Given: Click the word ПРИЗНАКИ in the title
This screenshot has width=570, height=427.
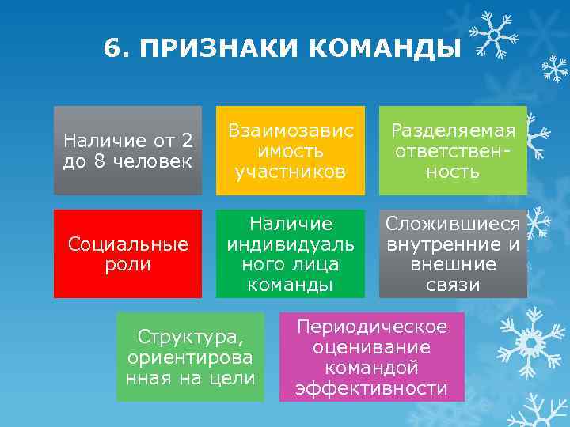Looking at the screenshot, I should point(220,49).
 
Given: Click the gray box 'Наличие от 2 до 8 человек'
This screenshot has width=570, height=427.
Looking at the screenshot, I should point(127,150).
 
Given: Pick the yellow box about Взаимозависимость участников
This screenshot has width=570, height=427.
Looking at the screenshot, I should point(291,150).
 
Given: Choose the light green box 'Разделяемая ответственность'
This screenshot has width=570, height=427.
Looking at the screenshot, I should point(453,150).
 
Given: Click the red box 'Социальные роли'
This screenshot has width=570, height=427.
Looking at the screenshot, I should point(127,254).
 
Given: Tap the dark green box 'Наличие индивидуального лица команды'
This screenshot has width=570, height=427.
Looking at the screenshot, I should point(291,254).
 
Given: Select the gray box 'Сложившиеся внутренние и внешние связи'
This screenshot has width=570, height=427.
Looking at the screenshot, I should point(453,254).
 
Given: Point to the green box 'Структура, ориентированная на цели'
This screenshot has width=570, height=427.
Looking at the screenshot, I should point(190,357).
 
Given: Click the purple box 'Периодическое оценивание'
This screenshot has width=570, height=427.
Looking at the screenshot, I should point(371,357).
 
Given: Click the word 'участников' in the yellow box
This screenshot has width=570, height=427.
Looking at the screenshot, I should point(291,172).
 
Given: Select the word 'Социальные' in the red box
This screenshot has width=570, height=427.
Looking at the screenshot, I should point(127,244).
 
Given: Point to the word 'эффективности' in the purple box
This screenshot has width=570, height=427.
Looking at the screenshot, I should point(371,388).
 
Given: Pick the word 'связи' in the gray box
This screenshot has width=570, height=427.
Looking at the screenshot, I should point(453,284).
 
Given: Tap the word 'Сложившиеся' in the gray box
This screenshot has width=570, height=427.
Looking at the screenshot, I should point(453,224).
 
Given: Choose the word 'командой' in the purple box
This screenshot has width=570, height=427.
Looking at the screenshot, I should point(371,368).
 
